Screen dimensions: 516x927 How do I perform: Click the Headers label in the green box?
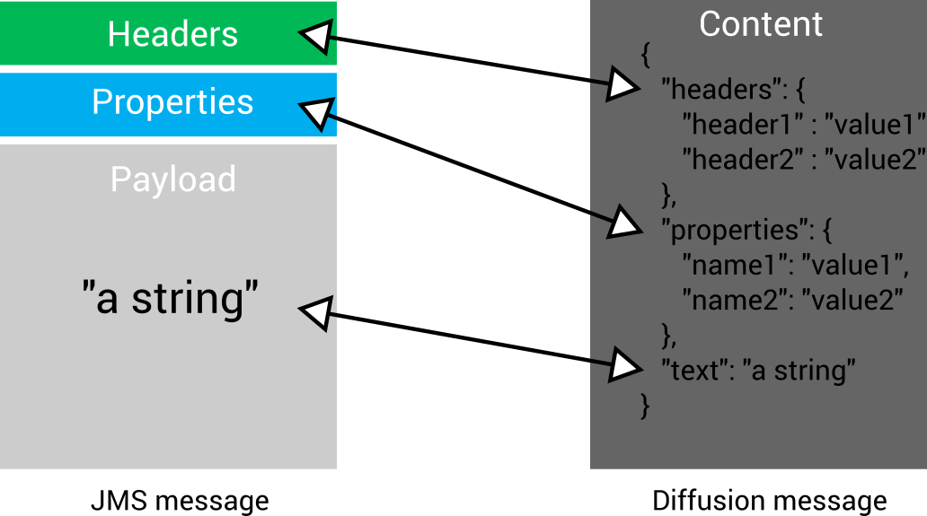[172, 34]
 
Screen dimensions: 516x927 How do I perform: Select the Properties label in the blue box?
[172, 102]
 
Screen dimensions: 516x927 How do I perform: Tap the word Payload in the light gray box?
[173, 179]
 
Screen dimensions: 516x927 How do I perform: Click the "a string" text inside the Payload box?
[170, 298]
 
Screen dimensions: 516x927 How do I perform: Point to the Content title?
[760, 24]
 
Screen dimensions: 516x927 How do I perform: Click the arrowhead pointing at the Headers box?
[315, 37]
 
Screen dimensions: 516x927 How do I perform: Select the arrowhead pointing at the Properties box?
[315, 113]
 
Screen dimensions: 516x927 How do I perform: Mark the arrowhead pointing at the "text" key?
[622, 365]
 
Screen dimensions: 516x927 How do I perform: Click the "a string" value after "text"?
[799, 370]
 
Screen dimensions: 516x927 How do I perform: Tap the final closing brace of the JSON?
[644, 405]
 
